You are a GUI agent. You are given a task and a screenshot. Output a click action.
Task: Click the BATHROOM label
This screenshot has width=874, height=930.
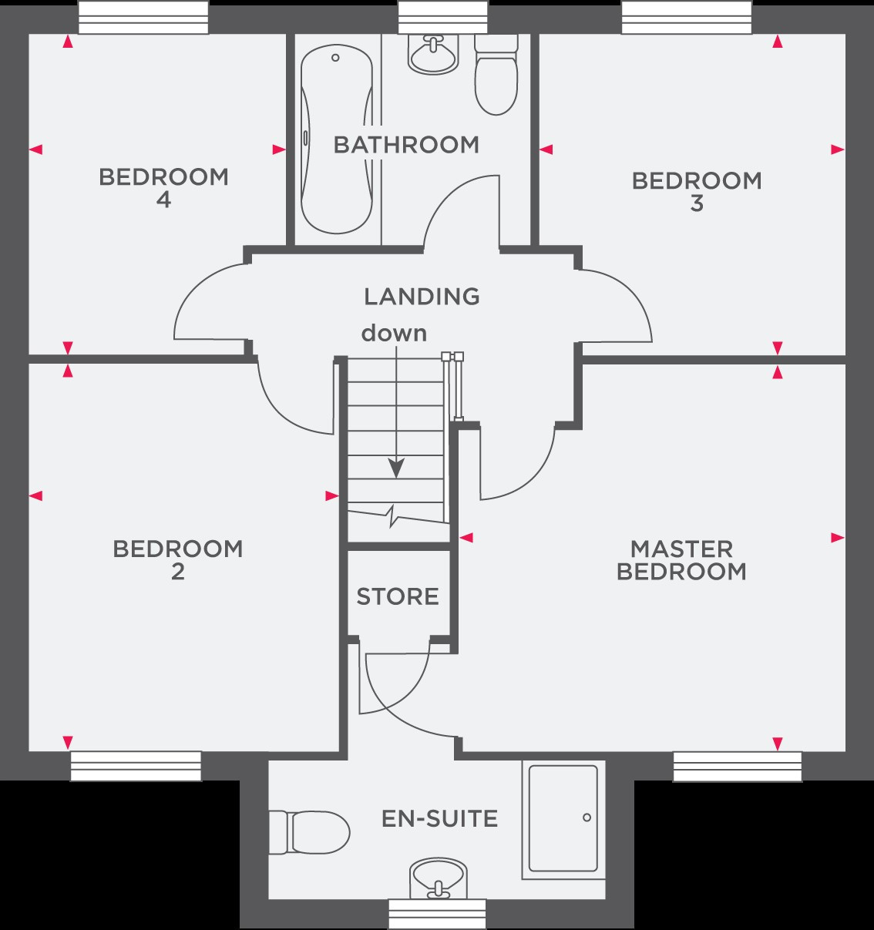pos(406,145)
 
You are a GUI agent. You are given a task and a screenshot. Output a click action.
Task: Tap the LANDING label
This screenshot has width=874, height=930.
pos(422,297)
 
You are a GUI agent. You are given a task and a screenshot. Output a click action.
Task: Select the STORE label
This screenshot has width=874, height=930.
pos(398,596)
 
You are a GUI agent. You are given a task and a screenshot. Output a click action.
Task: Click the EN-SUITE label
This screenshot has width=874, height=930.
pos(439,818)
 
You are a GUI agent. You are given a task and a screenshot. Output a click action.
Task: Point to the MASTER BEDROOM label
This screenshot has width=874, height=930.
pos(681,560)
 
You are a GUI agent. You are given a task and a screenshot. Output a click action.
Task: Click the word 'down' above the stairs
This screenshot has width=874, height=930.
pos(394,334)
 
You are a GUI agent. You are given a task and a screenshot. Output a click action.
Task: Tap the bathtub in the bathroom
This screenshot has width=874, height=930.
pos(337,139)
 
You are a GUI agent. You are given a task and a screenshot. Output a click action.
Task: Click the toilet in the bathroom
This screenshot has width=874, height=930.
pos(496,75)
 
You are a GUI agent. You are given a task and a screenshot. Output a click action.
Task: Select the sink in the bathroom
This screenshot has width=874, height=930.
pos(431,54)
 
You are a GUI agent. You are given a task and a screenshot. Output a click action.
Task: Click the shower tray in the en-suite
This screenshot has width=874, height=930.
pos(563,818)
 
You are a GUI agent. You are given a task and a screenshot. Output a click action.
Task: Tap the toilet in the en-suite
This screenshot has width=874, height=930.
pos(309,832)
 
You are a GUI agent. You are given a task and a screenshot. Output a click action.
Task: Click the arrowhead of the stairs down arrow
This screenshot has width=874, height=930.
pos(396,468)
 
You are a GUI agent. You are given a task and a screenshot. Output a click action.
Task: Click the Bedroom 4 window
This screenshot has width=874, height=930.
pos(143,17)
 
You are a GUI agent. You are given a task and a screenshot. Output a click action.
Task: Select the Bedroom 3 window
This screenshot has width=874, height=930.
pos(687,17)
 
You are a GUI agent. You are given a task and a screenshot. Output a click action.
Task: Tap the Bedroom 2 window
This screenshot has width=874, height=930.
pos(136,766)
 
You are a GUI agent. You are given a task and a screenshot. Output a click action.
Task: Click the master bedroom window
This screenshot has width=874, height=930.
pos(738,767)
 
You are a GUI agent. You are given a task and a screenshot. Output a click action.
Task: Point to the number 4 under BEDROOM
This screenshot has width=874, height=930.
pos(163,200)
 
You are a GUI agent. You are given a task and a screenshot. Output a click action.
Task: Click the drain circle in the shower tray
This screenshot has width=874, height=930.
pos(587,818)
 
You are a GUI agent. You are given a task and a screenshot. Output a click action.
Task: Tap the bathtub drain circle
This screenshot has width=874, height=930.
pos(335,58)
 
